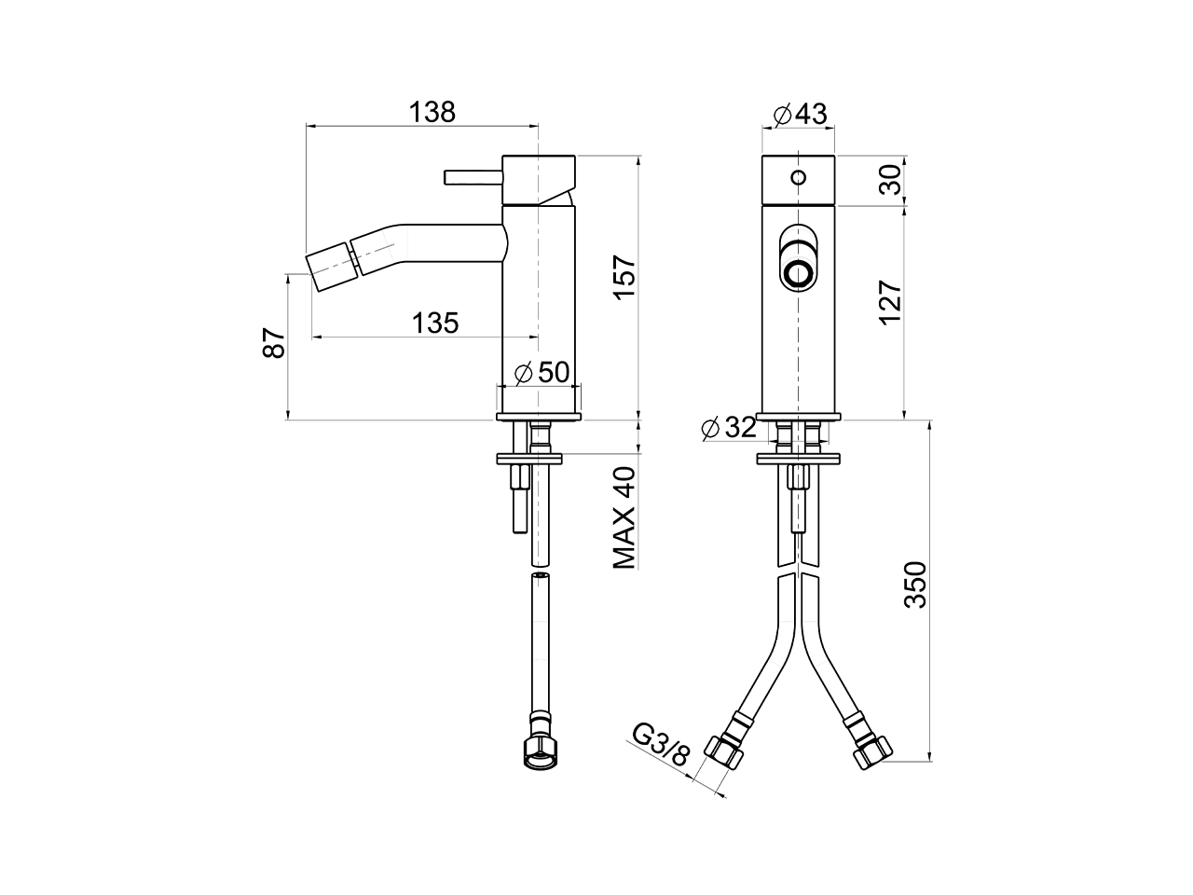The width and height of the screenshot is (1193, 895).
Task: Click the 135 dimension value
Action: tap(436, 324)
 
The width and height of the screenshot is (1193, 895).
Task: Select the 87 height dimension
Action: tap(272, 343)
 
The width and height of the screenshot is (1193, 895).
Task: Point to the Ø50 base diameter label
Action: tap(541, 372)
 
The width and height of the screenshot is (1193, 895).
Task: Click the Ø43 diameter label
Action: tap(800, 114)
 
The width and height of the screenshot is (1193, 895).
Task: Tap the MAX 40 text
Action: tap(624, 517)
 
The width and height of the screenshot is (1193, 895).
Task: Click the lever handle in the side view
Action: tap(473, 177)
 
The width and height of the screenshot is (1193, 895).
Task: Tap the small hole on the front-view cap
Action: tap(799, 176)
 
